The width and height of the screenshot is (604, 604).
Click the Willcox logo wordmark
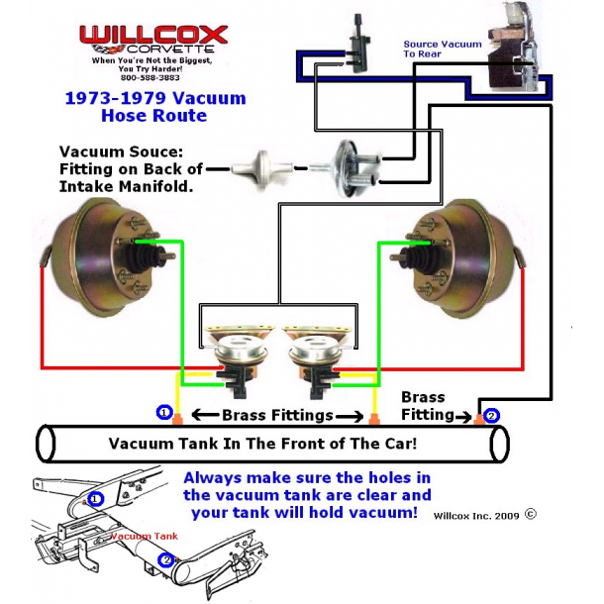(x=153, y=35)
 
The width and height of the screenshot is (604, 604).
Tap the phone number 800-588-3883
(x=151, y=77)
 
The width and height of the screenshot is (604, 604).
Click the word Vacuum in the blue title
(x=209, y=98)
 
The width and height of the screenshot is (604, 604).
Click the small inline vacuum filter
(x=261, y=169)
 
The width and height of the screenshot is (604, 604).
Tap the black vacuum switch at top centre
(x=358, y=45)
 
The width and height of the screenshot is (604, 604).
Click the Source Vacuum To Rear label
(x=443, y=49)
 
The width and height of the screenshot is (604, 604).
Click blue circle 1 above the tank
(x=164, y=413)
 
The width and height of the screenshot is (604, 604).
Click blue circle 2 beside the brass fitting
(x=491, y=416)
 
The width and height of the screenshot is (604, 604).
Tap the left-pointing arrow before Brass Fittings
(x=206, y=415)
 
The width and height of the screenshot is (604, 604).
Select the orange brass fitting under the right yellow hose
(x=373, y=419)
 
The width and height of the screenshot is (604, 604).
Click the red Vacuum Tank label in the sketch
(x=145, y=536)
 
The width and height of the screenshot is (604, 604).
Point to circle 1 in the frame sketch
(x=95, y=500)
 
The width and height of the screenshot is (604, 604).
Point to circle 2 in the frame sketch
(x=166, y=560)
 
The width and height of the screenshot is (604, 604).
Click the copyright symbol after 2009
(x=531, y=514)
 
